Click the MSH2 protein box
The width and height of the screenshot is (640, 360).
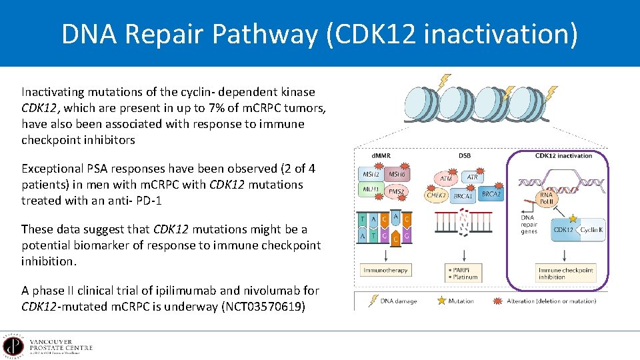point(371,175)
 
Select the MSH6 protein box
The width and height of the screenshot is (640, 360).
point(397,175)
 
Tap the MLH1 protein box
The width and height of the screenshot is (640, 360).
point(371,191)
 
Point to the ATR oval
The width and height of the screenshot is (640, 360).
point(472,177)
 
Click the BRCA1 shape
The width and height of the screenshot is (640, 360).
point(463,197)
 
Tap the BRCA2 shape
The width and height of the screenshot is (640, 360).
point(491,193)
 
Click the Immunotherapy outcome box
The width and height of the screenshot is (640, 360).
point(385,270)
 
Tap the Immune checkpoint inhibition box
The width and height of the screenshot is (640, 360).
point(565,273)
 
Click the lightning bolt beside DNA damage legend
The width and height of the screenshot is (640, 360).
point(371,301)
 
